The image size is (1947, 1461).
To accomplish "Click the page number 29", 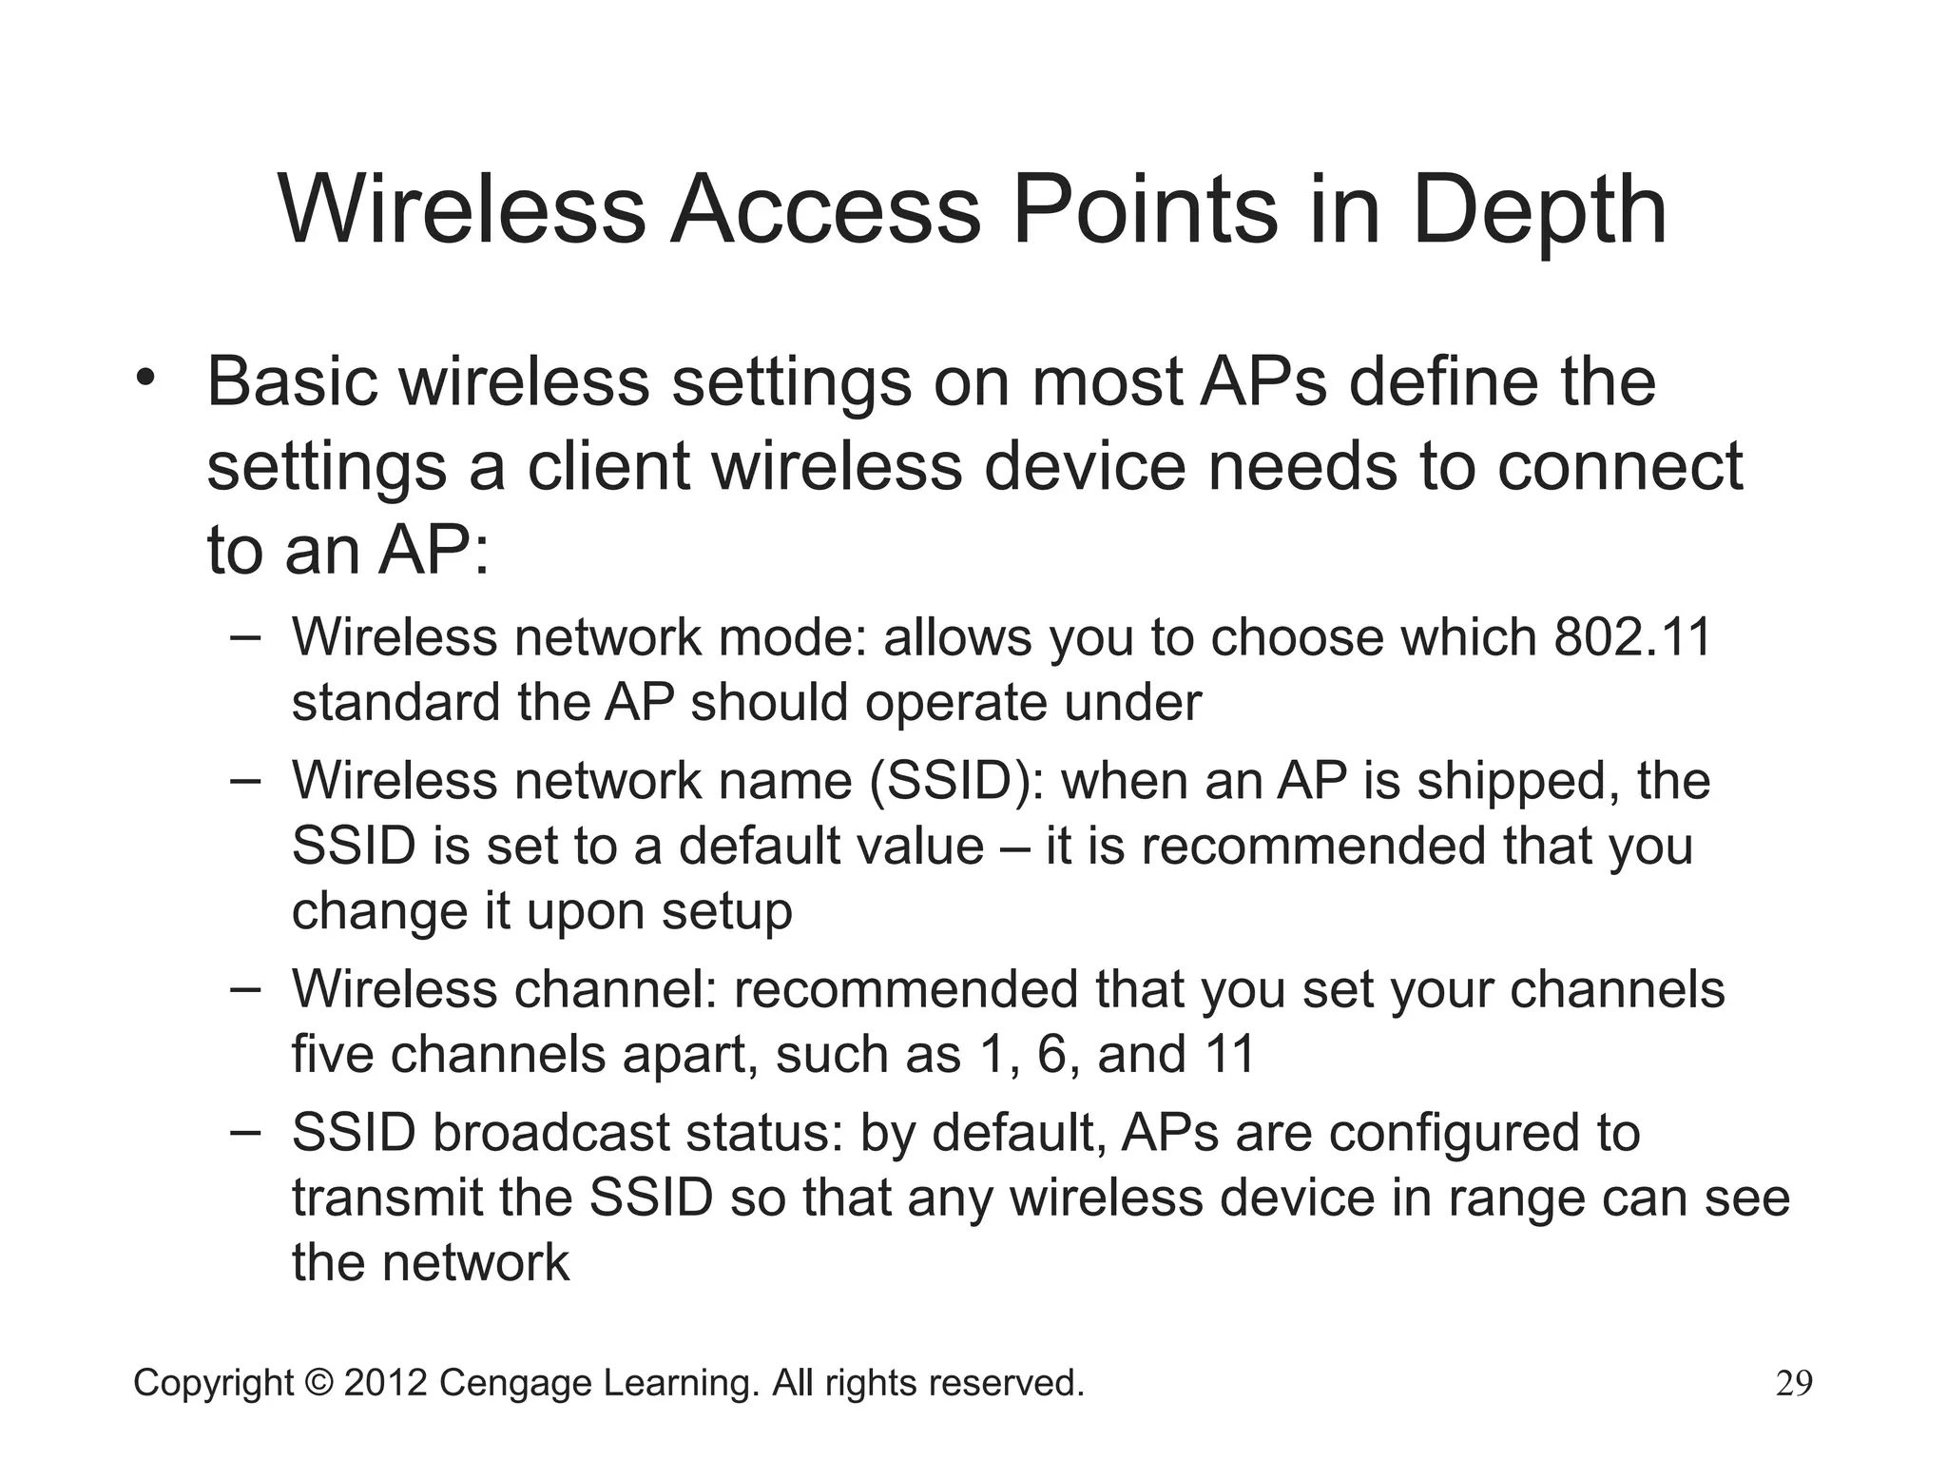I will pyautogui.click(x=1794, y=1383).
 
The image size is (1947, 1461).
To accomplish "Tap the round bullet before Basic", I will pyautogui.click(x=145, y=379).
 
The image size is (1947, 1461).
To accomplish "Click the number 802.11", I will pyautogui.click(x=1631, y=637).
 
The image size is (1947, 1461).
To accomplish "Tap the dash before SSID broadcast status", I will pyautogui.click(x=245, y=1133).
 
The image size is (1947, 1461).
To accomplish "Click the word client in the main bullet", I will pyautogui.click(x=608, y=466).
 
